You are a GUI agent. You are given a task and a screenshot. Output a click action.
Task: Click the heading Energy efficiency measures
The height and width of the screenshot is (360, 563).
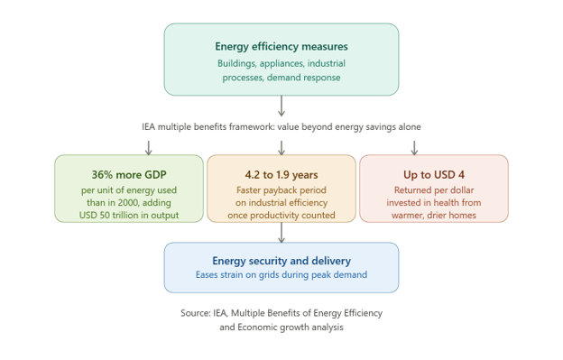281,47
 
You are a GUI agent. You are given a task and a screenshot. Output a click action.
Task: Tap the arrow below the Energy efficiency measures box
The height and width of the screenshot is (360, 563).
281,106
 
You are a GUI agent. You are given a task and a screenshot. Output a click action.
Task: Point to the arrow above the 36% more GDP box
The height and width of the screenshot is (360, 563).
148,148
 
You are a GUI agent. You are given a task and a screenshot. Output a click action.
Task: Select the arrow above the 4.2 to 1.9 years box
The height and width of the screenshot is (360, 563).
281,148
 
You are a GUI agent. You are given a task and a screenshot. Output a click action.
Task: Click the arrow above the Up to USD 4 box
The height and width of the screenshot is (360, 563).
414,148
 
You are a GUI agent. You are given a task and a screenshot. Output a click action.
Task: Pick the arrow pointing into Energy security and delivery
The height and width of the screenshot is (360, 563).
281,233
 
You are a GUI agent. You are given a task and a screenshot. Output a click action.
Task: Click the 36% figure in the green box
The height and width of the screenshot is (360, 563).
102,175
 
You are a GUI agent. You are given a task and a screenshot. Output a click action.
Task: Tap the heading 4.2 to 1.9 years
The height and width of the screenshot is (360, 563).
281,175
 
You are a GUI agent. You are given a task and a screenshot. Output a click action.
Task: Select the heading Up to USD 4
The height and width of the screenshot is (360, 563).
434,175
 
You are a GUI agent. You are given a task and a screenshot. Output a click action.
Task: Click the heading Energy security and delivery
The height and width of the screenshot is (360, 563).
281,261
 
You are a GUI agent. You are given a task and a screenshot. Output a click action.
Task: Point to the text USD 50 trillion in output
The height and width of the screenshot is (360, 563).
129,216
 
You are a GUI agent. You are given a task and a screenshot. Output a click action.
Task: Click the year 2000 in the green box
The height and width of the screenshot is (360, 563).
128,203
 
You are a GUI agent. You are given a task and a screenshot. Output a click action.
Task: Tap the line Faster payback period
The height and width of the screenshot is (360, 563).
281,190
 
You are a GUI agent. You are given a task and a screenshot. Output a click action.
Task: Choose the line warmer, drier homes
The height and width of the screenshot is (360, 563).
434,216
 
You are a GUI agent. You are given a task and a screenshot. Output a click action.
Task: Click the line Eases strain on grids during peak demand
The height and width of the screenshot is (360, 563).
281,275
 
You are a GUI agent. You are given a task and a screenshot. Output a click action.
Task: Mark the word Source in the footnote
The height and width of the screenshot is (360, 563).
196,313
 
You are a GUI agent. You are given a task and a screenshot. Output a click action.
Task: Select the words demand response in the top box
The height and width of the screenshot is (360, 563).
304,78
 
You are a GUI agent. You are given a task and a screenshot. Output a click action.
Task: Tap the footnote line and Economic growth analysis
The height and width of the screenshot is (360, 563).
281,328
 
